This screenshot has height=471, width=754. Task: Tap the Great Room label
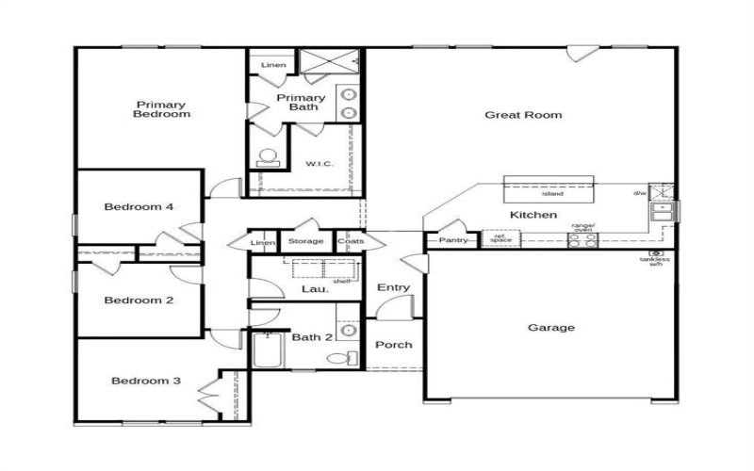point(523,115)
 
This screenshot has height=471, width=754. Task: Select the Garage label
point(551,328)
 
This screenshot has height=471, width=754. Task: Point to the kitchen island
point(551,189)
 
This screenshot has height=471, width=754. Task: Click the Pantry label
point(453,240)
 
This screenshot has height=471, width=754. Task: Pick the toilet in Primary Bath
point(267,157)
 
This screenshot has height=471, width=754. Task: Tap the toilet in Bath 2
point(340,357)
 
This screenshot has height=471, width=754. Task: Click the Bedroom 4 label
point(139,207)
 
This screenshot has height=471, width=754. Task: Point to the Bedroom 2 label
point(139,300)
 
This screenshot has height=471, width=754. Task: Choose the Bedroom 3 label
point(145,381)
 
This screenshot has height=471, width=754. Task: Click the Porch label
point(394,345)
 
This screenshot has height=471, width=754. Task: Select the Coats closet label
point(350,241)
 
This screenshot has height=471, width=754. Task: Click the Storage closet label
point(305,241)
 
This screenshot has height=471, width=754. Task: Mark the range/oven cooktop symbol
point(582,239)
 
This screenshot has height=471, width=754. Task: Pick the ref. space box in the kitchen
point(500,238)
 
